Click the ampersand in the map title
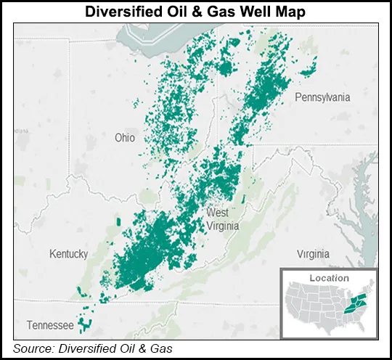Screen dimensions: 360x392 pyautogui.click(x=192, y=12)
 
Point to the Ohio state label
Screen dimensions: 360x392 pyautogui.click(x=126, y=137)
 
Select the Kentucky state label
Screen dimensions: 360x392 pyautogui.click(x=68, y=253)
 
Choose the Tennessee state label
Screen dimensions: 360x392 pyautogui.click(x=49, y=324)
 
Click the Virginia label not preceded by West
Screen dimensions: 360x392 pyautogui.click(x=313, y=254)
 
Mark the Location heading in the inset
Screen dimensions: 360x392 pyautogui.click(x=328, y=278)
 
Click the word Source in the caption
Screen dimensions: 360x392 pyautogui.click(x=34, y=348)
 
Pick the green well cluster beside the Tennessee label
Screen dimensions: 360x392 pyautogui.click(x=86, y=324)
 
